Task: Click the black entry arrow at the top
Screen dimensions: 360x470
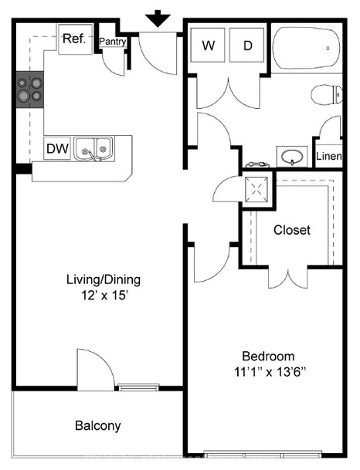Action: (158, 19)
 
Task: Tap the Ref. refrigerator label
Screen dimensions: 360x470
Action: (74, 39)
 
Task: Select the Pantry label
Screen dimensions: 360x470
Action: (113, 42)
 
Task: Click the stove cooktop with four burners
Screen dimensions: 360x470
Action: (30, 90)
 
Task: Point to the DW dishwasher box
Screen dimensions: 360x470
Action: (57, 148)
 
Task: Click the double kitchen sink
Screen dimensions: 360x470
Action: (94, 149)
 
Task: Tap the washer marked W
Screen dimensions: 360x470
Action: (208, 46)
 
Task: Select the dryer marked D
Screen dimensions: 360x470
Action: (247, 46)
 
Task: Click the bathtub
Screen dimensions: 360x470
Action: (307, 48)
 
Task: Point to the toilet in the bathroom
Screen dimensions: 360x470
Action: (327, 95)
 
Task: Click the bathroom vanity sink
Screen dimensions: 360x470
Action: (292, 157)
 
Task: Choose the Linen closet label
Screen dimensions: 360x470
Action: (329, 156)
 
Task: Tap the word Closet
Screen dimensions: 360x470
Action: (292, 230)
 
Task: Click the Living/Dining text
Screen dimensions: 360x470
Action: (104, 279)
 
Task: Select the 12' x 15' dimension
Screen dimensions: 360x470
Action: (105, 296)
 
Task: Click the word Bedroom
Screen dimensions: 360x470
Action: (268, 356)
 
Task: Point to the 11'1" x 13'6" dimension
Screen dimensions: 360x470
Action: (270, 372)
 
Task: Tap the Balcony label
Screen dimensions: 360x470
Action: (98, 426)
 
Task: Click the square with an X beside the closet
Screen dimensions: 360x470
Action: (256, 189)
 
